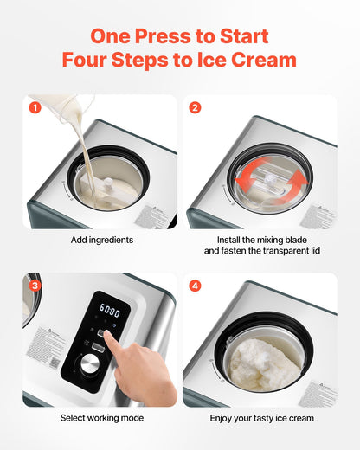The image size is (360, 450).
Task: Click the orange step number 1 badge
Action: coord(35,108)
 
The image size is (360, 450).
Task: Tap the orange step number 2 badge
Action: coord(194,108)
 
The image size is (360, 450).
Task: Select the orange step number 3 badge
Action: coord(35,286)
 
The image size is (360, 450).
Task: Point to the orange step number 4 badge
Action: coord(194,286)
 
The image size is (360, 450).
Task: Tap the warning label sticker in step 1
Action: coord(157,214)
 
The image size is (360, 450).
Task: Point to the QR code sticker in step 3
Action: coord(41,355)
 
